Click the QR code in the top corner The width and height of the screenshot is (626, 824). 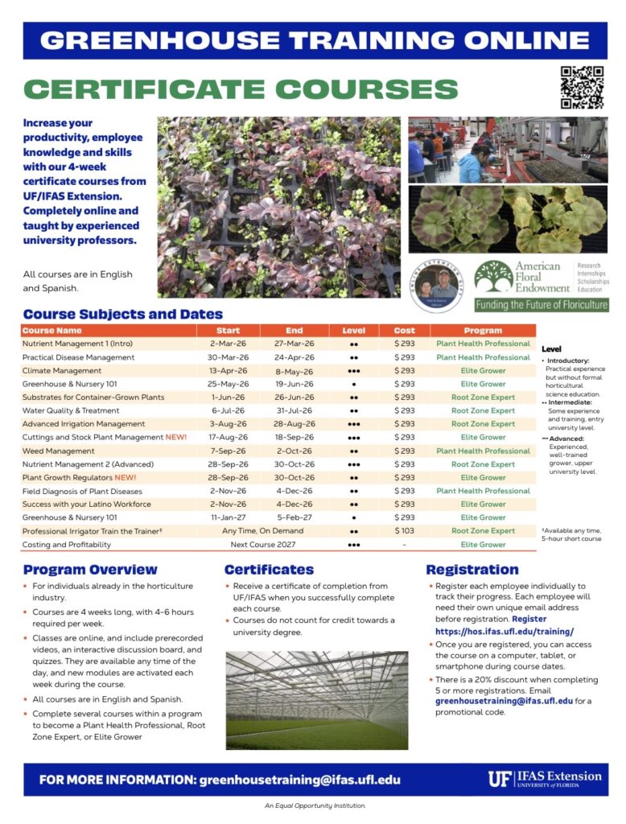pos(582,87)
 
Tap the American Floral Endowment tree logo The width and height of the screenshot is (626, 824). pos(492,278)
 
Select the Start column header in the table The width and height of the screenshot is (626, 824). pos(229,330)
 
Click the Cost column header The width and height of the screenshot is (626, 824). pos(404,330)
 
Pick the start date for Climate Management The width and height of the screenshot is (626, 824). pos(229,370)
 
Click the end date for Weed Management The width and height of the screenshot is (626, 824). pos(294,451)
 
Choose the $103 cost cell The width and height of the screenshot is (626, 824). pos(404,531)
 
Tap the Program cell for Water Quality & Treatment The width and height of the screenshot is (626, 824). pos(483,410)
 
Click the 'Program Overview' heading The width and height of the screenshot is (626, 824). pos(90,570)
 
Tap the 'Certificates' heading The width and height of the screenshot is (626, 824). pos(269,570)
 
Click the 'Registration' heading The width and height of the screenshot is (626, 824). pos(472,570)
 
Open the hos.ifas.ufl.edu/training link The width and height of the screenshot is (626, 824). pos(493,632)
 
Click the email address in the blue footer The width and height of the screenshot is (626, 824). pos(299,780)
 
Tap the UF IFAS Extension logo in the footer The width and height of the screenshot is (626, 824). pos(544,779)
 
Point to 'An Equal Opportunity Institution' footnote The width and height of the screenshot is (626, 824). pos(315,805)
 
